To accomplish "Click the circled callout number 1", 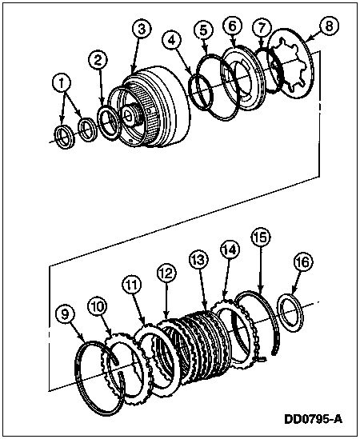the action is [62, 82].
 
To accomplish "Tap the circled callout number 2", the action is [98, 61].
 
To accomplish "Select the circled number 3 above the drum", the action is [142, 30].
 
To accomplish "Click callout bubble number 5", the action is [204, 30].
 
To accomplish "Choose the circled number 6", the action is [233, 26].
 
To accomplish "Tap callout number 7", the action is [262, 28].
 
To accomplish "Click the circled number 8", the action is [329, 26].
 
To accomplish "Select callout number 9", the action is [65, 314].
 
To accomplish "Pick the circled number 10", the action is [98, 307].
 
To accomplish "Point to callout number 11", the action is [131, 285].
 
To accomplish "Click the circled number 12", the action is [166, 273].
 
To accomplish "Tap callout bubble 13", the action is [198, 260].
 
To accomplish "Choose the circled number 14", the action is [230, 249].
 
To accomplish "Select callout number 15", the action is [261, 237].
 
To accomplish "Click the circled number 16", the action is [303, 262].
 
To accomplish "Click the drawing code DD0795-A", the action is [313, 419].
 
